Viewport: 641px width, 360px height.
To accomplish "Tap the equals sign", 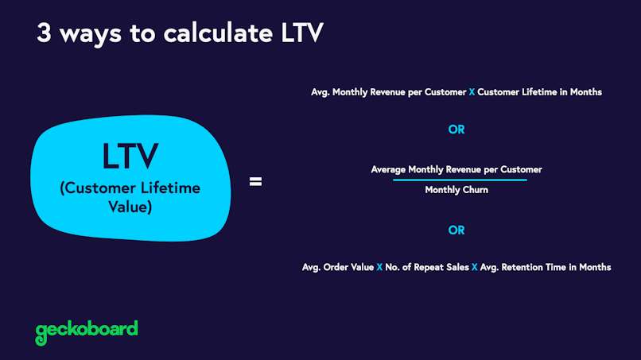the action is (x=255, y=181).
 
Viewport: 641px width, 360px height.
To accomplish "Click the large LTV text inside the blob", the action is (x=130, y=156).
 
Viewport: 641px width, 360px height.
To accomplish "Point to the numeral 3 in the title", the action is (x=44, y=33).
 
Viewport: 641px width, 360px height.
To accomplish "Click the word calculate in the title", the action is (x=218, y=33).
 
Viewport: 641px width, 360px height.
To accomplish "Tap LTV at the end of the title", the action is (x=302, y=33).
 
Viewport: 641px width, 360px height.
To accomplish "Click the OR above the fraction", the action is (x=456, y=130).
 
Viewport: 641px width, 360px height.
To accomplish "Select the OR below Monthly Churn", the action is (x=456, y=230).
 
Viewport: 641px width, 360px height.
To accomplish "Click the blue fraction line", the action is (x=460, y=180).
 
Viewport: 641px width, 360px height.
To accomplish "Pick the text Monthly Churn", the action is (x=456, y=190).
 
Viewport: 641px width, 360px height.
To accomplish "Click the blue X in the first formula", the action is (x=472, y=92).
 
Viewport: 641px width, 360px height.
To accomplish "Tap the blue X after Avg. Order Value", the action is (x=379, y=267).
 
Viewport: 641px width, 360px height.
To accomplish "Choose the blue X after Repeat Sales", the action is (x=474, y=267).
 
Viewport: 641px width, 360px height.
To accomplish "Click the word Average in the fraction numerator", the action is (x=388, y=169).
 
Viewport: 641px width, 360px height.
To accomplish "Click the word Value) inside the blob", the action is (x=130, y=207).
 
